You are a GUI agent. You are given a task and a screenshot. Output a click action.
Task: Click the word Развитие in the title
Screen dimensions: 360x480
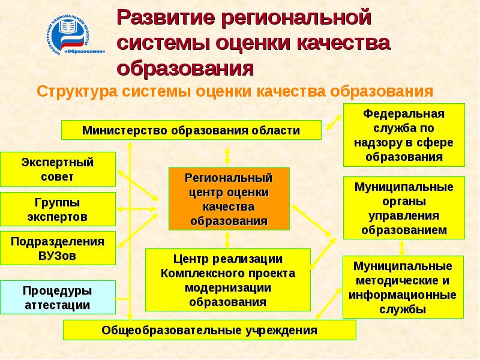164,17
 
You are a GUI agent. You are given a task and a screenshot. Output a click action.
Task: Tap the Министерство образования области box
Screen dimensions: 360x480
191,130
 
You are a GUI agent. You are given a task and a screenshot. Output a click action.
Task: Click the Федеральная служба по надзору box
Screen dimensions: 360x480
403,136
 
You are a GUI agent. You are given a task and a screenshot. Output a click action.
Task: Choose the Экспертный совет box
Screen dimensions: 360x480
58,169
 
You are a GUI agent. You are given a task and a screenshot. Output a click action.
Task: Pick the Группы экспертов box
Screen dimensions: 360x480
58,209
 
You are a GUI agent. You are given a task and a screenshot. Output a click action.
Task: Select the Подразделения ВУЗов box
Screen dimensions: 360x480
58,248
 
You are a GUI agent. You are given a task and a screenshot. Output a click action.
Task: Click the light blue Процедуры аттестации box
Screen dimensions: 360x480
58,297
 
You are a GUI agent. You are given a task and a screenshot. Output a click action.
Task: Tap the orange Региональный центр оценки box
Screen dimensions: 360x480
229,199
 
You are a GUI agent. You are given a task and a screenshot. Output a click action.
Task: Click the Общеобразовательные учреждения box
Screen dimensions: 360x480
209,330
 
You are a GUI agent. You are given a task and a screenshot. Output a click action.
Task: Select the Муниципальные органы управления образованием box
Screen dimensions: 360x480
403,208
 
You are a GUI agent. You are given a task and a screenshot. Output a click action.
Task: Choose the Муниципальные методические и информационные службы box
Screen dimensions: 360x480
403,287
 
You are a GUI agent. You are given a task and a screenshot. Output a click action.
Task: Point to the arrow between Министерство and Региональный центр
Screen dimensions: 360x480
227,155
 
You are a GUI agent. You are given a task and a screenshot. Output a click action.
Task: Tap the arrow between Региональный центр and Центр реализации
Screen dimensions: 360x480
227,240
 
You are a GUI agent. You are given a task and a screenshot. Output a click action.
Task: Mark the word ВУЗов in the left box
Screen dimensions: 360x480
58,254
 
